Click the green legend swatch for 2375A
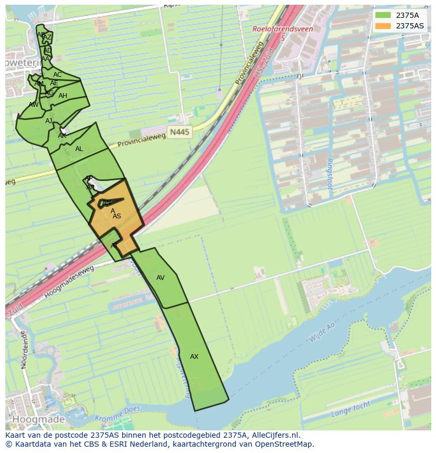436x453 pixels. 383,15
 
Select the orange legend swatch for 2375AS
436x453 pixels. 383,26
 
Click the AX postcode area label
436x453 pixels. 194,357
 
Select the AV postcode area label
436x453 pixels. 161,278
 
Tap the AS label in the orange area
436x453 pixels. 117,216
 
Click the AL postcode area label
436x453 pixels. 79,149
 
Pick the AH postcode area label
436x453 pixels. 63,96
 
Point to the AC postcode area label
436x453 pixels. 57,75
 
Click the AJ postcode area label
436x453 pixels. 48,121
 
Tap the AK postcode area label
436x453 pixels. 62,136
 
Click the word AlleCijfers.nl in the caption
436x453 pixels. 274,435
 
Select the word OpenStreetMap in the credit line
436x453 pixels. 284,444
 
